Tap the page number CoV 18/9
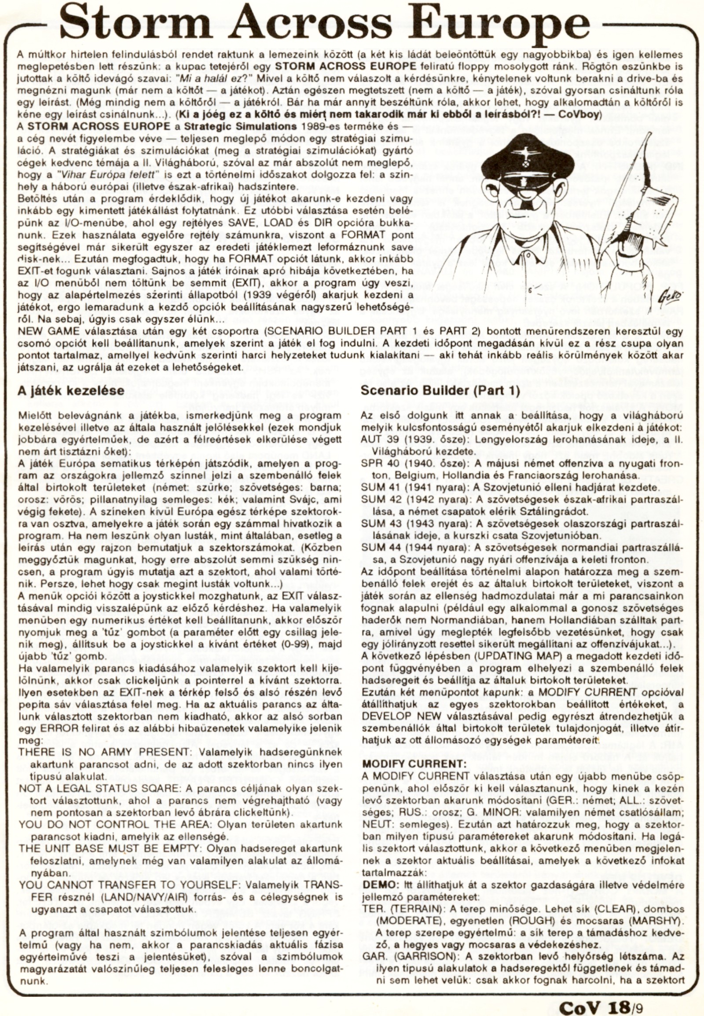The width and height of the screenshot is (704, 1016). [600, 1005]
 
